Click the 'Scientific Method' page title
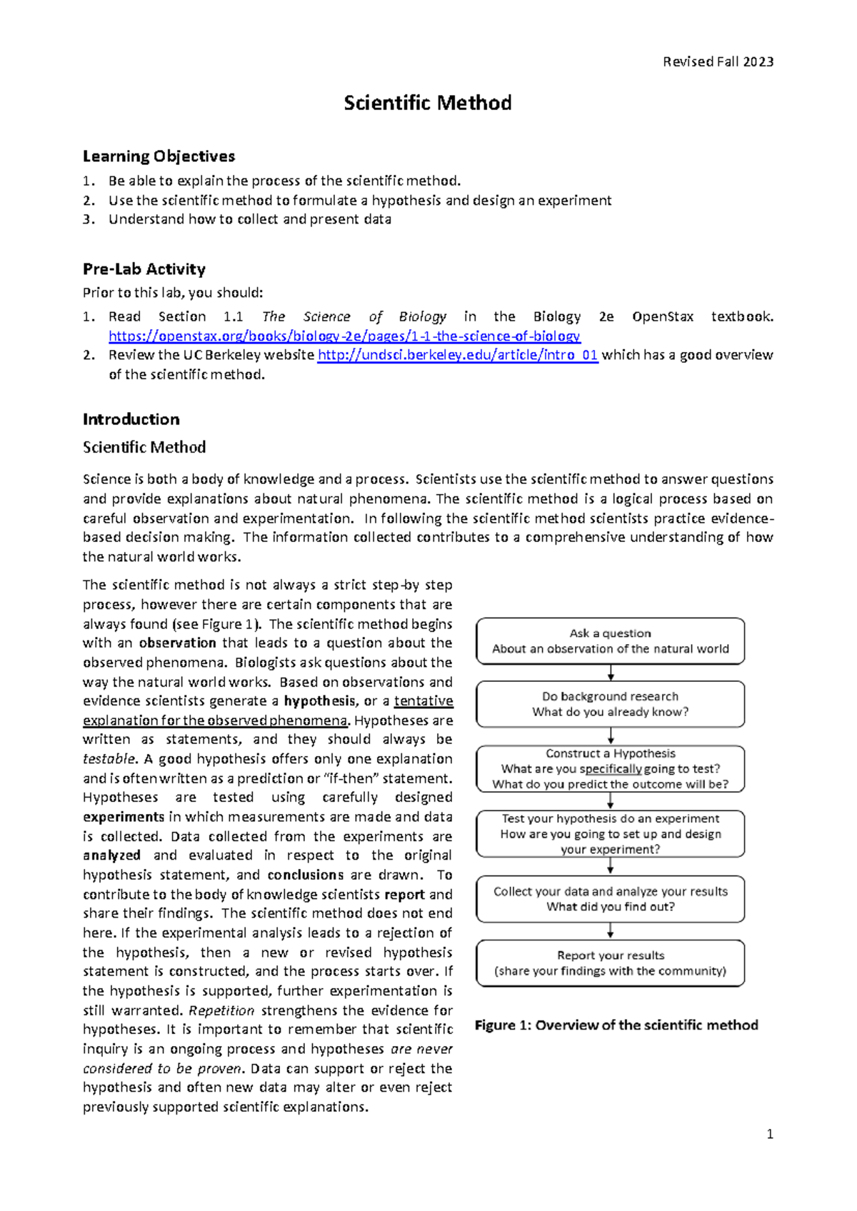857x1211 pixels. click(x=427, y=103)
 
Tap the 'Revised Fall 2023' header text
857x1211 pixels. click(x=718, y=61)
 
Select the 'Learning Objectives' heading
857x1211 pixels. click(x=159, y=156)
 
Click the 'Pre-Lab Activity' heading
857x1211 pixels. click(x=144, y=269)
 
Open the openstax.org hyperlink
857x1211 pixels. click(x=344, y=336)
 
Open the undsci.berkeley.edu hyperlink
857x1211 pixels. click(x=457, y=355)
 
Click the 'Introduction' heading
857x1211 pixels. click(x=131, y=419)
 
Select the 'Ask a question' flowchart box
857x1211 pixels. click(x=610, y=641)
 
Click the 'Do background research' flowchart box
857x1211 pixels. click(x=610, y=704)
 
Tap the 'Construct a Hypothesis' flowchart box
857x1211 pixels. click(x=610, y=768)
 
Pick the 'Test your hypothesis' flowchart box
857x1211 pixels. click(x=610, y=833)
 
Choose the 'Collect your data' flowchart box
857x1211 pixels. click(x=610, y=899)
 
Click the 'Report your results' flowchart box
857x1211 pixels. click(x=610, y=963)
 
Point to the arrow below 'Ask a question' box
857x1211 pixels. click(x=611, y=673)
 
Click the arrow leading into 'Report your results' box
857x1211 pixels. click(x=611, y=930)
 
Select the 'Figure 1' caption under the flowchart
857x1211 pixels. click(x=616, y=1025)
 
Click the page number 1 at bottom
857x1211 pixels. click(x=769, y=1134)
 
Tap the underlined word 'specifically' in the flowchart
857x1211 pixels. click(x=611, y=769)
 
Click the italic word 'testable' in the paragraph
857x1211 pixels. click(x=109, y=759)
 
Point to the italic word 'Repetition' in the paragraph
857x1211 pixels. click(x=221, y=1010)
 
